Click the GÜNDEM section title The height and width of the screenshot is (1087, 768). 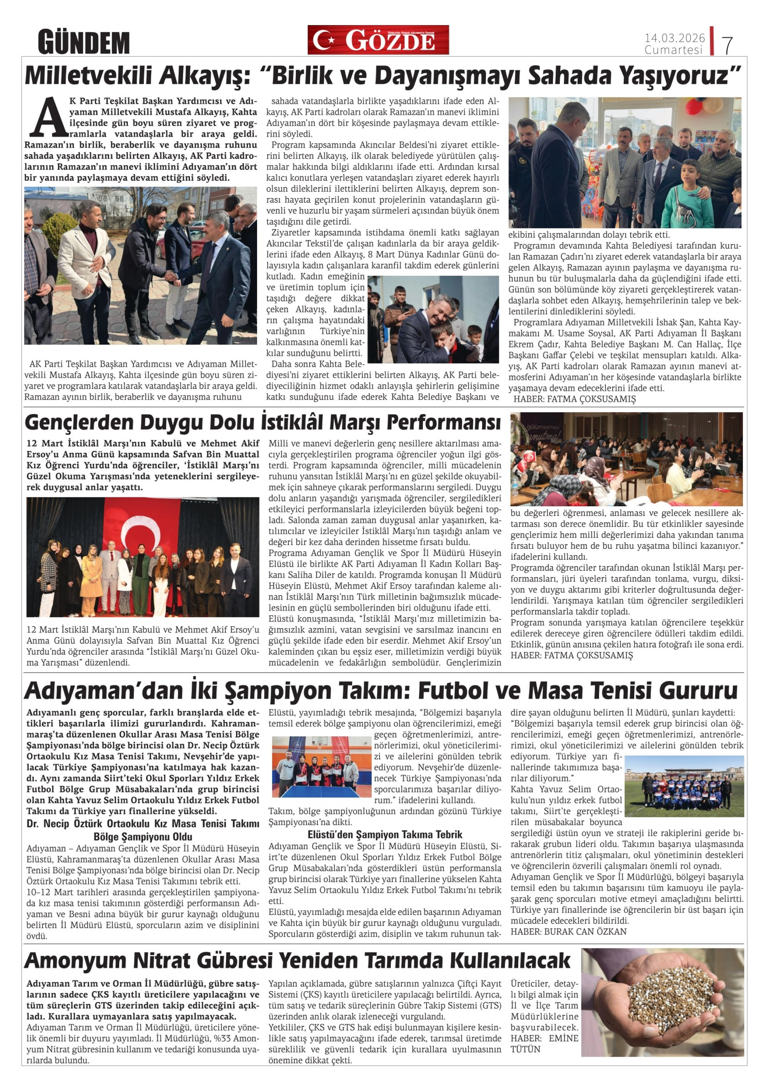(84, 42)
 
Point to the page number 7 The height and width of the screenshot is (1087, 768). (727, 45)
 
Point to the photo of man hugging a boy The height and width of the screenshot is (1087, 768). (433, 319)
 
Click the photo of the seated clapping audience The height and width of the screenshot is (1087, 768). (626, 459)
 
